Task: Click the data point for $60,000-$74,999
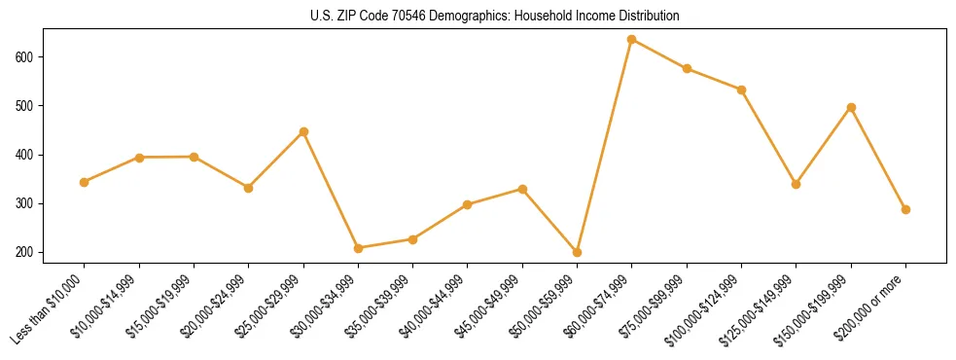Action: pos(632,40)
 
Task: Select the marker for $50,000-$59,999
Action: pos(577,252)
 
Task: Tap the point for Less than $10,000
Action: pos(85,182)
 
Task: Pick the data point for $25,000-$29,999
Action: pos(303,131)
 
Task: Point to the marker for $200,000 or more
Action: pos(905,209)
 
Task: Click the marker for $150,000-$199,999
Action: pos(851,107)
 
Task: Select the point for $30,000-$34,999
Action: pos(358,248)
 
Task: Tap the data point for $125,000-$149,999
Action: pos(797,184)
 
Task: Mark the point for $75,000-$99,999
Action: pos(687,68)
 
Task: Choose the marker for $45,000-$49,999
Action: pos(522,189)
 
